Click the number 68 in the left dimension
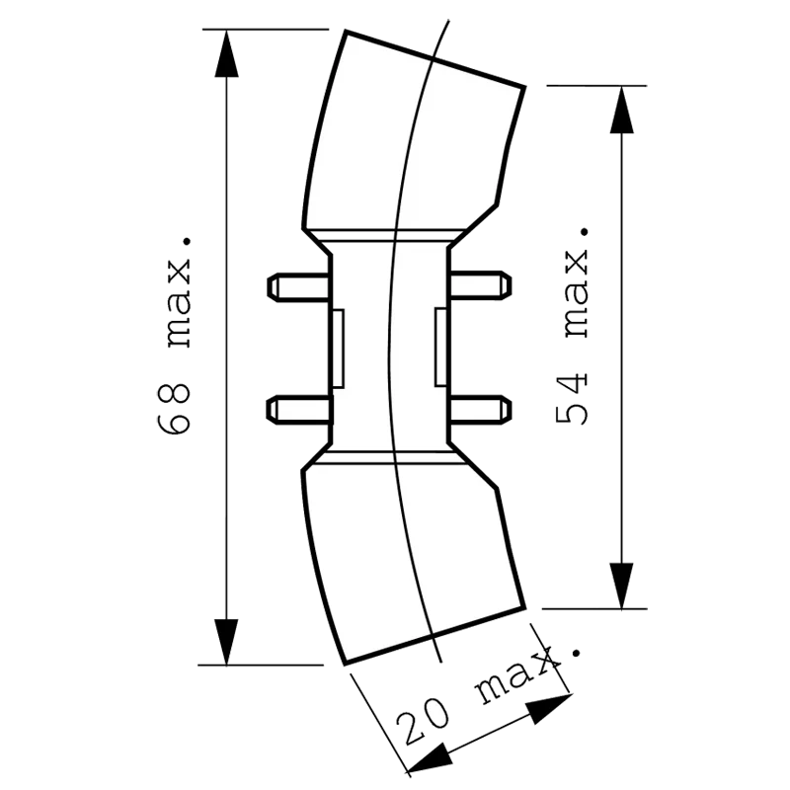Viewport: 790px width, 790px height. pos(174,409)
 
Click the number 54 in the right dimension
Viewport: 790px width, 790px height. pos(572,399)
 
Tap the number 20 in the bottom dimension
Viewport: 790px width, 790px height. pos(423,722)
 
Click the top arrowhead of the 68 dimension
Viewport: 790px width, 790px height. pos(226,53)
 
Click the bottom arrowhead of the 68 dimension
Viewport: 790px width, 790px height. pos(226,641)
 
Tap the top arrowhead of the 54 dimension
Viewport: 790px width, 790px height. pos(622,110)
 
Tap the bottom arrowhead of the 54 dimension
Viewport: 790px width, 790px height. pos(622,586)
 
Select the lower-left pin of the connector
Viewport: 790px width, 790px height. pos(300,410)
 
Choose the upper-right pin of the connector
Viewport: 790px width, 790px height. pos(480,285)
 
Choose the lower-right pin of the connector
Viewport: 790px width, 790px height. pos(480,410)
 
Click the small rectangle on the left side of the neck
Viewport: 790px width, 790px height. pos(338,349)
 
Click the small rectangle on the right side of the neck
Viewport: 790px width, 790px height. pos(440,347)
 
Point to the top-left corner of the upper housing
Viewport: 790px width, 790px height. pos(346,32)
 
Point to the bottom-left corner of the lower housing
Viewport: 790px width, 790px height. pos(344,664)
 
